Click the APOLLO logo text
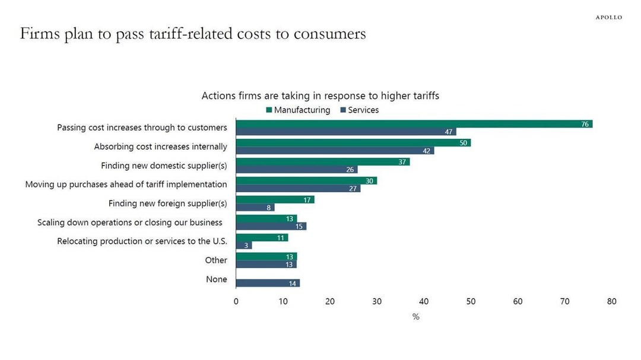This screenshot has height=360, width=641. point(609,17)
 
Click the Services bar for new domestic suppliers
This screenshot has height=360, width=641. point(297,170)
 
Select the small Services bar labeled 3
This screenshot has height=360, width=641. point(244,246)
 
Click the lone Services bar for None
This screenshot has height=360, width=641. point(268,283)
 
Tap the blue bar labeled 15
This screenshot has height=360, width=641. point(271,227)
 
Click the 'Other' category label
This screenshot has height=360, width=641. point(216,260)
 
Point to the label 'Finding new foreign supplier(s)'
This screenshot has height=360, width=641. point(167,203)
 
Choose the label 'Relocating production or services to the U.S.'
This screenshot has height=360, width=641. point(142,241)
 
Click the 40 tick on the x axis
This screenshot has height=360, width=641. point(424,301)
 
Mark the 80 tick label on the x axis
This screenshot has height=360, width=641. point(612,301)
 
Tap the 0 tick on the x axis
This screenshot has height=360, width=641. point(236,301)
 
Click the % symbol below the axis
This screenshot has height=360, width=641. point(415,317)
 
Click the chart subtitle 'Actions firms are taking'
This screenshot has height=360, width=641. point(320,95)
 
